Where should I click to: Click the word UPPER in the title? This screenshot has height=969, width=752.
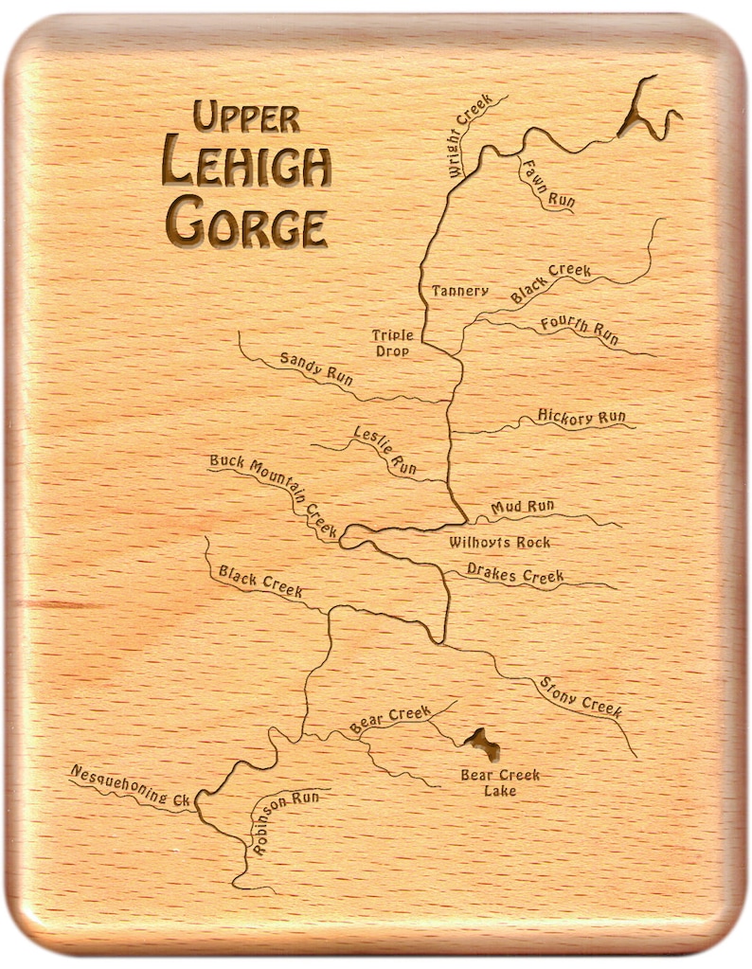coord(246,117)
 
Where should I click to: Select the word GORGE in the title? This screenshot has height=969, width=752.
coord(246,224)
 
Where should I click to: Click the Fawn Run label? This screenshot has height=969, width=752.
coord(546,185)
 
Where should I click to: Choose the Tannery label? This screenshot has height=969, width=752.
coord(459,291)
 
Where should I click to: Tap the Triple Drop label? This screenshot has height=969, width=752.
coord(390,343)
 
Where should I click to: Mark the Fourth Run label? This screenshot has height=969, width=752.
coord(579,328)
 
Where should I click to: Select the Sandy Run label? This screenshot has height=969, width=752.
coord(315,369)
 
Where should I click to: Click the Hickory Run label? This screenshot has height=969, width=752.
coord(581,417)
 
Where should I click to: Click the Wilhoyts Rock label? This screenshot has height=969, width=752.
coord(499,543)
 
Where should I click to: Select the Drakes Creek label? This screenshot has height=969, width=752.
coord(515,574)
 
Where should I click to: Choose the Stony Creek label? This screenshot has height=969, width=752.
coord(580,696)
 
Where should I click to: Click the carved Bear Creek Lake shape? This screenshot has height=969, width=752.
coord(485,745)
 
